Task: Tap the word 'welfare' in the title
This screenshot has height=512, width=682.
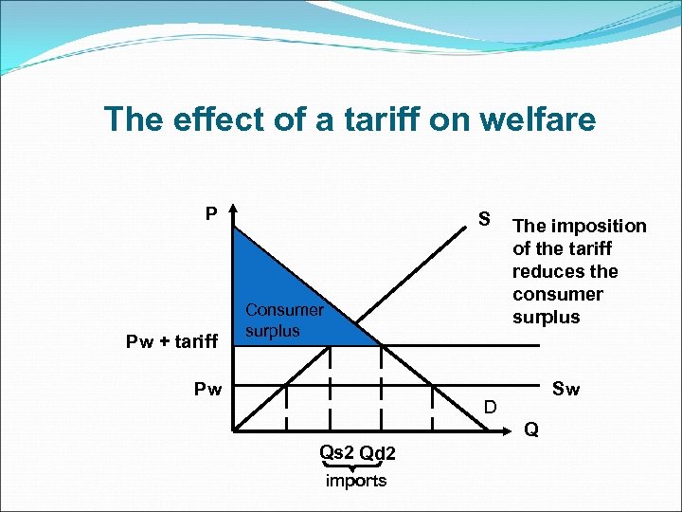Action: pos(543,119)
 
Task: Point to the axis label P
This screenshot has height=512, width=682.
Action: pos(212,213)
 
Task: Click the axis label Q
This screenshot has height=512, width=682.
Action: pos(531,430)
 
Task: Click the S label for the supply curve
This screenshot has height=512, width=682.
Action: pos(484,220)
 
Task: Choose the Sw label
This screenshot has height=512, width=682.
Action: pos(565,389)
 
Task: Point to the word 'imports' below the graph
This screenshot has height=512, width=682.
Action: pos(356,481)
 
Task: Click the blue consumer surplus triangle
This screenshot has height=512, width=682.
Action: pos(275,275)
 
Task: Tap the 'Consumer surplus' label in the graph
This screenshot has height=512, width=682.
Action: pos(284,320)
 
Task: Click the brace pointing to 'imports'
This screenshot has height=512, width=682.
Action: pos(355,466)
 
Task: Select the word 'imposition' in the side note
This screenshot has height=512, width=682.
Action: pos(596,227)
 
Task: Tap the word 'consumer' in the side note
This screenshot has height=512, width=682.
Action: pos(558,294)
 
